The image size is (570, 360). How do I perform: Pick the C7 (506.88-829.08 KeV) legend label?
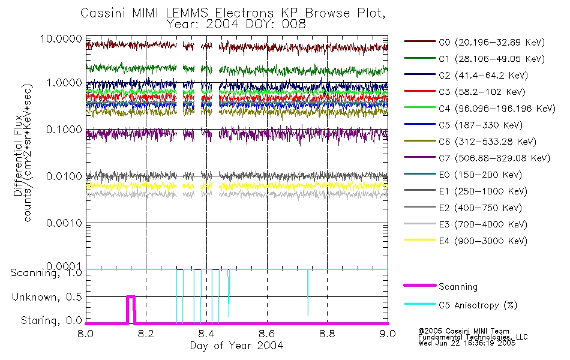[x=477, y=158]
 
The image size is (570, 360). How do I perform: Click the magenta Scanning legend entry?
[x=458, y=287]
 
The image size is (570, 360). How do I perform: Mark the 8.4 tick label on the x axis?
[x=206, y=334]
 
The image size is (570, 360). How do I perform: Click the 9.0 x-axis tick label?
[x=388, y=334]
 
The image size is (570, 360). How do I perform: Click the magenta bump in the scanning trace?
[x=131, y=297]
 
